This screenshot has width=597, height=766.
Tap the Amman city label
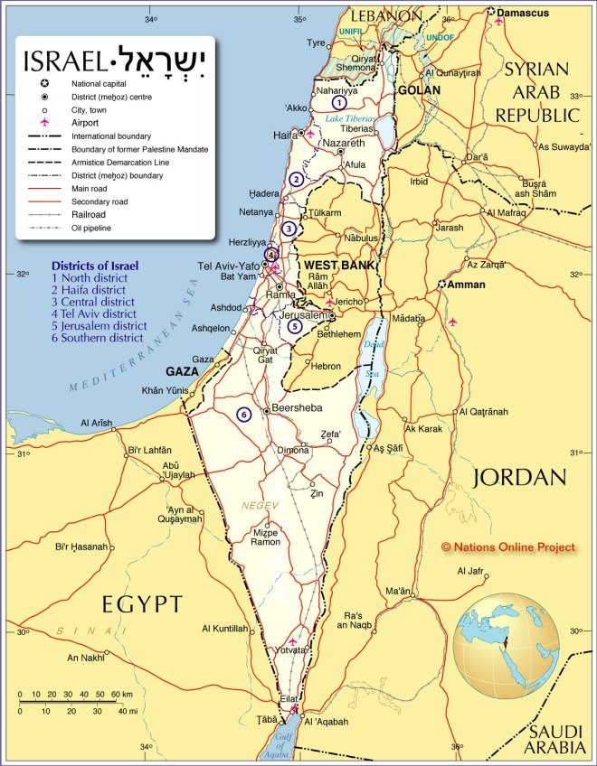tap(467, 285)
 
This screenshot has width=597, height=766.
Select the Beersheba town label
tap(298, 408)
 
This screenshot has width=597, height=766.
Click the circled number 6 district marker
tap(242, 415)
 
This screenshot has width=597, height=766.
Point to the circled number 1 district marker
tap(338, 103)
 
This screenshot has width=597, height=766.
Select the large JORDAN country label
tap(519, 477)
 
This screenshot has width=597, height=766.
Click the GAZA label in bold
tap(183, 371)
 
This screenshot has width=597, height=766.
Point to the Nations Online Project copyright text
tap(507, 547)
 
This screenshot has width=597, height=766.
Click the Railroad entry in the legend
tap(90, 215)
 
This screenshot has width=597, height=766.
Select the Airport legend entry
tap(86, 121)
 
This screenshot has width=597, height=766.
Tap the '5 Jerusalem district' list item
tap(99, 326)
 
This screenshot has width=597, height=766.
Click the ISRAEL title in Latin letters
tap(62, 61)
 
